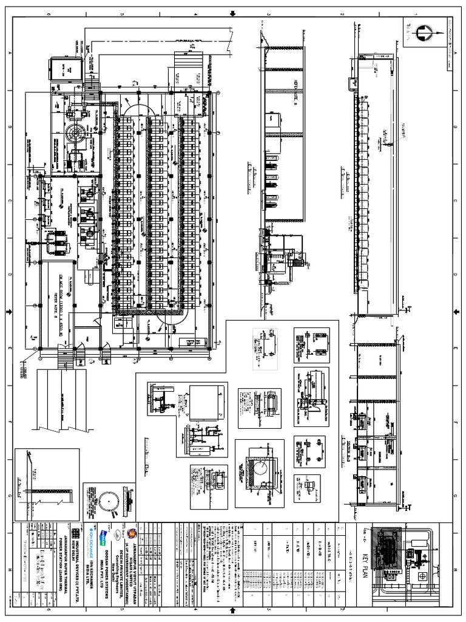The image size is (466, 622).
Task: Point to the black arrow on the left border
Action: point(8,312)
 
